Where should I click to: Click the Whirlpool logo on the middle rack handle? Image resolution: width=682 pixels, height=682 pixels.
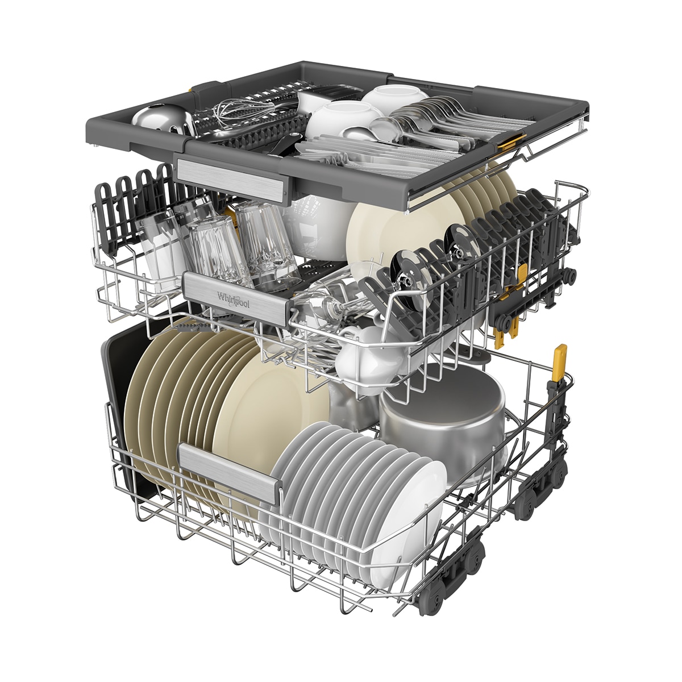point(233,300)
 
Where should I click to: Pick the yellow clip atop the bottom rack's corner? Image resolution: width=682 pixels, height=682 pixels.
point(560,359)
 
